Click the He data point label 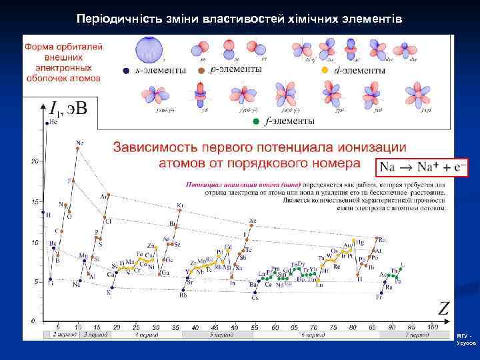click(53, 122)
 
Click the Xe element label click(252, 221)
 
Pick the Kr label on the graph click(180, 205)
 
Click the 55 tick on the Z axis click(255, 327)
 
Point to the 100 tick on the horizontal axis click(433, 327)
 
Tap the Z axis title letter click(443, 308)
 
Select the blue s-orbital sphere click(149, 49)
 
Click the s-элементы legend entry click(155, 70)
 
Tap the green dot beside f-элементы click(256, 121)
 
